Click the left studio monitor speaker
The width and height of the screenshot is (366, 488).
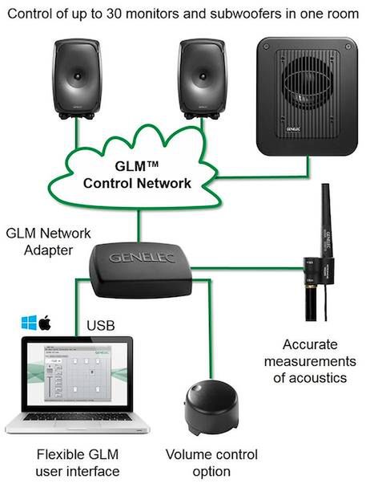click(77, 79)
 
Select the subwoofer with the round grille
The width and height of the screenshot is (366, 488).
click(307, 96)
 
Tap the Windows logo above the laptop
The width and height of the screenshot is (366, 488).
click(29, 323)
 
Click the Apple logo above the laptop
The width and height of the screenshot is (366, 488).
click(45, 323)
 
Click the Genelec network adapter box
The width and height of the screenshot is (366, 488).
click(140, 270)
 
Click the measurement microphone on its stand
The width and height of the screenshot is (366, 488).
click(319, 252)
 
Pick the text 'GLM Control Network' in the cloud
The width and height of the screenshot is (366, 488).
click(137, 174)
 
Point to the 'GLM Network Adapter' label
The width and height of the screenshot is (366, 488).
click(48, 242)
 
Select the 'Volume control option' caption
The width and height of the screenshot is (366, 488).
click(211, 463)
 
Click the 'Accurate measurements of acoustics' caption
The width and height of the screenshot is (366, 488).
click(310, 361)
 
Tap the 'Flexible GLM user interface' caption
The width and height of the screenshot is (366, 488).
click(78, 463)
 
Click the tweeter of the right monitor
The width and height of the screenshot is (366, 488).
click(203, 76)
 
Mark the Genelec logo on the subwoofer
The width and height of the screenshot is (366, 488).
click(293, 129)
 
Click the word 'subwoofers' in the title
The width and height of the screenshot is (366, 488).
click(245, 14)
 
